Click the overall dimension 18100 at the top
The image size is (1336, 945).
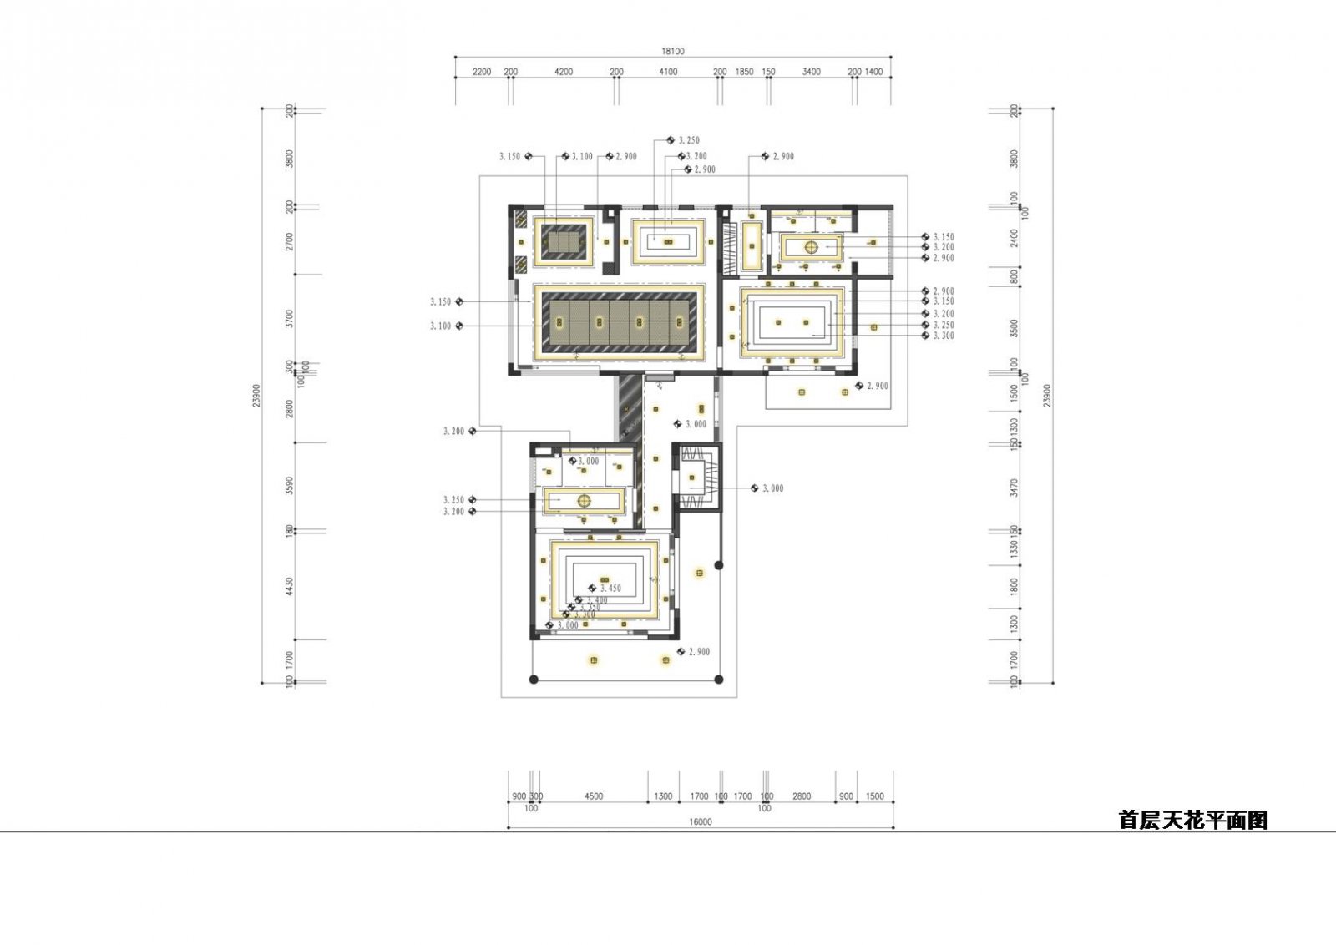pos(672,51)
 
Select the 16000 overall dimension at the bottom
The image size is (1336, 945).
pos(700,822)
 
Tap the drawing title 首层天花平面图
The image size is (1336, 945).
pos(1192,821)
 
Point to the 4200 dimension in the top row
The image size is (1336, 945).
pos(564,72)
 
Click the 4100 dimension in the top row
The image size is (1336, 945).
pos(668,72)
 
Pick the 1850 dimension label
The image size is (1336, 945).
pos(744,72)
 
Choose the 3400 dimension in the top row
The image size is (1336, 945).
pos(811,72)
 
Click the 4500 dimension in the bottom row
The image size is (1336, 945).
pos(593,796)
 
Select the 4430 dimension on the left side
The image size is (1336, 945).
pos(290,586)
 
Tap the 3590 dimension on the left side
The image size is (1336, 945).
pos(290,485)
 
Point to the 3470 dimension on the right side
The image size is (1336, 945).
pos(1015,487)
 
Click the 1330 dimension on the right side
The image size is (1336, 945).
pos(1015,548)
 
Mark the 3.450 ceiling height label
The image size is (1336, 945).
pos(610,589)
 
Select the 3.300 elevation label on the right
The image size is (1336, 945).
pos(944,336)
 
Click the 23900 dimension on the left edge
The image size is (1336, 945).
pos(256,395)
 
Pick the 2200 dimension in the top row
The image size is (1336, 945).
pos(482,72)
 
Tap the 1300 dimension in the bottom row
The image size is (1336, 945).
pos(663,796)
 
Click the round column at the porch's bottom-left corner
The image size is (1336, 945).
pos(534,680)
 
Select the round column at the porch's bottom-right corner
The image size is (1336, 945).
pos(720,680)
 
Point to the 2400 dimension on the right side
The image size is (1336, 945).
pos(1015,238)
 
